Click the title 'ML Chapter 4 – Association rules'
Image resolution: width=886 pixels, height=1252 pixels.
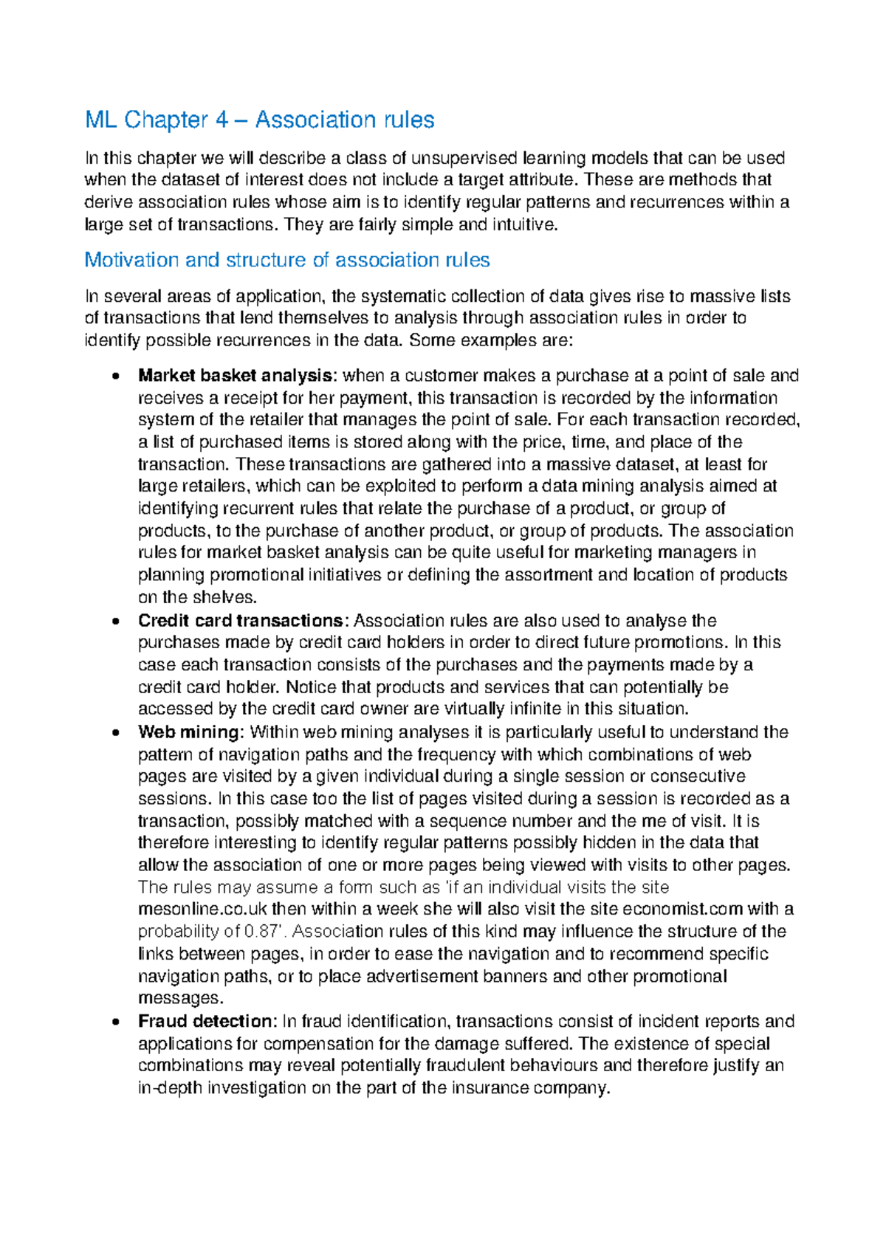click(x=260, y=120)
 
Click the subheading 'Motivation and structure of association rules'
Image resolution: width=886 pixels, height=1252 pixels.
click(x=287, y=260)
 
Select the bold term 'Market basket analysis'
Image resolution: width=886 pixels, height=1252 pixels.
click(x=235, y=376)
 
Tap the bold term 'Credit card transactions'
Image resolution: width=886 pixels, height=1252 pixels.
click(x=241, y=621)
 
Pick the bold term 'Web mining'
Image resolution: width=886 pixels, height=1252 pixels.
click(x=189, y=732)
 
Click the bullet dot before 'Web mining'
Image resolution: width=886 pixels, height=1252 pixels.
click(x=115, y=733)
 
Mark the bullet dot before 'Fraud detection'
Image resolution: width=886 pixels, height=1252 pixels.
click(x=115, y=1022)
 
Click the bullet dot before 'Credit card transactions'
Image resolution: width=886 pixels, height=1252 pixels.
click(x=115, y=622)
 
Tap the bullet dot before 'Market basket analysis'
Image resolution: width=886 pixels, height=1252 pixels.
click(x=115, y=376)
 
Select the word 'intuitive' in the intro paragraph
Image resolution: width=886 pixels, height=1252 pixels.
click(x=526, y=224)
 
